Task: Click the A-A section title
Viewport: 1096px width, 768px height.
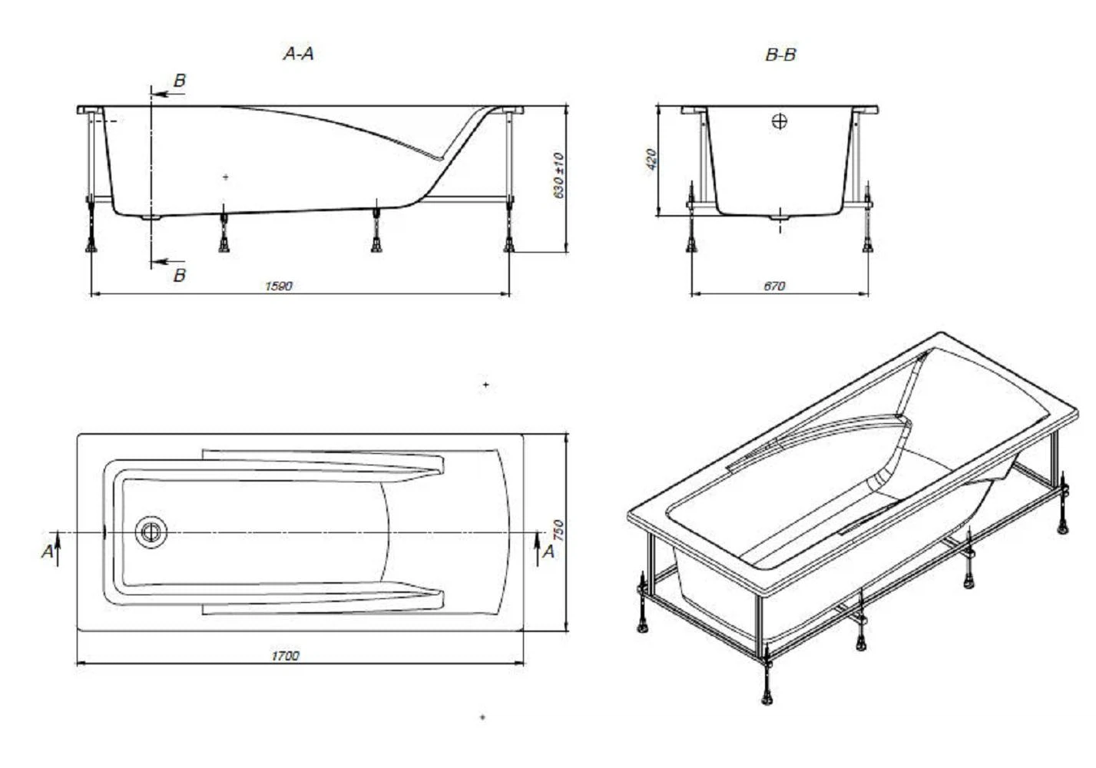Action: click(299, 54)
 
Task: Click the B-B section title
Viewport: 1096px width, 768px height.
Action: click(780, 55)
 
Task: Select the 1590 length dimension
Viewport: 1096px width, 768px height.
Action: click(278, 286)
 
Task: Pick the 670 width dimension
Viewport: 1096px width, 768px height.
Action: click(774, 286)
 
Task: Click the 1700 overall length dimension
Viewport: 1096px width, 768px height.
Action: click(285, 655)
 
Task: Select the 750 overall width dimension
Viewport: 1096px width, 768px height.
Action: click(558, 531)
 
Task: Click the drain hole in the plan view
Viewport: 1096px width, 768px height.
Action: click(151, 531)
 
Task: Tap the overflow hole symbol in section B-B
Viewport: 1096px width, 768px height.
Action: click(780, 121)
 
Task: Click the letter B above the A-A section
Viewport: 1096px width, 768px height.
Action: click(180, 81)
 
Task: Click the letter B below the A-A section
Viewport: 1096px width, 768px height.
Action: click(180, 275)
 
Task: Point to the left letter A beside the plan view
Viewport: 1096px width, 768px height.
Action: click(48, 551)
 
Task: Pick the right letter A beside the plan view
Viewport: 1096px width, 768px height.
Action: click(548, 551)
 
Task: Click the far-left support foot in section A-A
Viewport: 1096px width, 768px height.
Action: click(91, 244)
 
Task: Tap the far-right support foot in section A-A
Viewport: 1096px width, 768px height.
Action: click(508, 244)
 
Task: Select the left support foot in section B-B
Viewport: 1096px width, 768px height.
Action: click(692, 244)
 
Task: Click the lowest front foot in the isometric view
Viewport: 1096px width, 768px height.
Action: click(767, 697)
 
